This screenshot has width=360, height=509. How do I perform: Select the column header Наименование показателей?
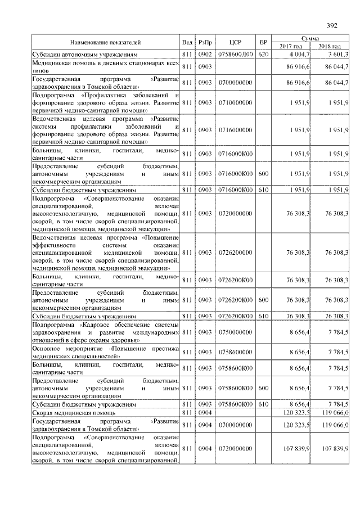click(105, 42)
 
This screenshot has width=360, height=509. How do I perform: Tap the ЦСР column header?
click(235, 42)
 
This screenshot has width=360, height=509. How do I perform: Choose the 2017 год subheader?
click(291, 46)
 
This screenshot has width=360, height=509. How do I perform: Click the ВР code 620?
click(263, 54)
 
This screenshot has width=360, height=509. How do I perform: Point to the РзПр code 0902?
click(205, 54)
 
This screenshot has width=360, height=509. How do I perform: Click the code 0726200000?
click(235, 253)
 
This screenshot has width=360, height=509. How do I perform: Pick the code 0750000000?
click(235, 333)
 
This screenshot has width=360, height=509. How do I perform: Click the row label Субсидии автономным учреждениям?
click(84, 54)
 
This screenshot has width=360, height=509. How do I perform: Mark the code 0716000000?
click(235, 130)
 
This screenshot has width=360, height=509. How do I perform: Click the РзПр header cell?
click(205, 42)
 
